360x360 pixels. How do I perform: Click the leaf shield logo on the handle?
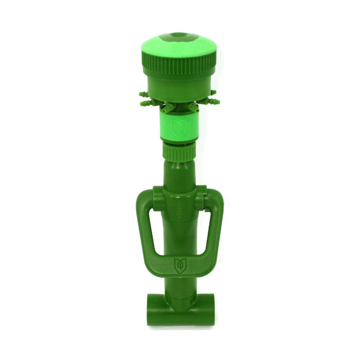click(180, 265)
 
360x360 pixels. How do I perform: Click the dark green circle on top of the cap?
click(179, 38)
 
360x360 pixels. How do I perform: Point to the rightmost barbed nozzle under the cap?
click(214, 94)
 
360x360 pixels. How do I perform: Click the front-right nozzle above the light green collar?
click(193, 108)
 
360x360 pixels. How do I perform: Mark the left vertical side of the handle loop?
click(146, 226)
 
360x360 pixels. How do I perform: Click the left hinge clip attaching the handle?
click(157, 196)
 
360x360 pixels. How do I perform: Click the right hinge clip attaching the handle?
click(201, 196)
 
